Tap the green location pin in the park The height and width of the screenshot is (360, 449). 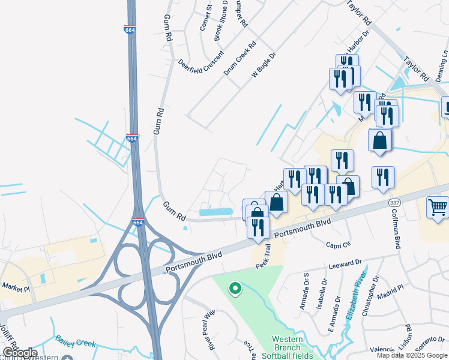coord(235,289)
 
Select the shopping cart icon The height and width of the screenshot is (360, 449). coord(438,208)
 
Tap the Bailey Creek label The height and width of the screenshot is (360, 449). coord(76,341)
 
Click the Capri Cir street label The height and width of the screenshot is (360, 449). coord(338,244)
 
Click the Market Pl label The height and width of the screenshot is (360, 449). coord(16,289)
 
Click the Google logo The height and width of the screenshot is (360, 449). coord(19,353)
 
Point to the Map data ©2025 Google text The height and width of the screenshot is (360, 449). coord(411,355)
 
